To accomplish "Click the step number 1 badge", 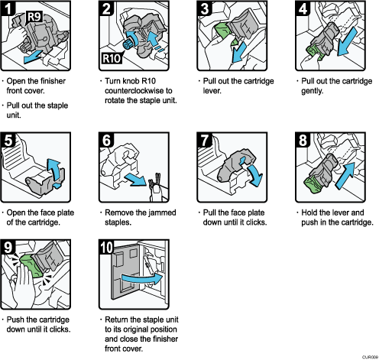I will [x=9, y=9].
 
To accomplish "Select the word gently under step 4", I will [x=313, y=91].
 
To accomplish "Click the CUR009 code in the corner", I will [x=368, y=355].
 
